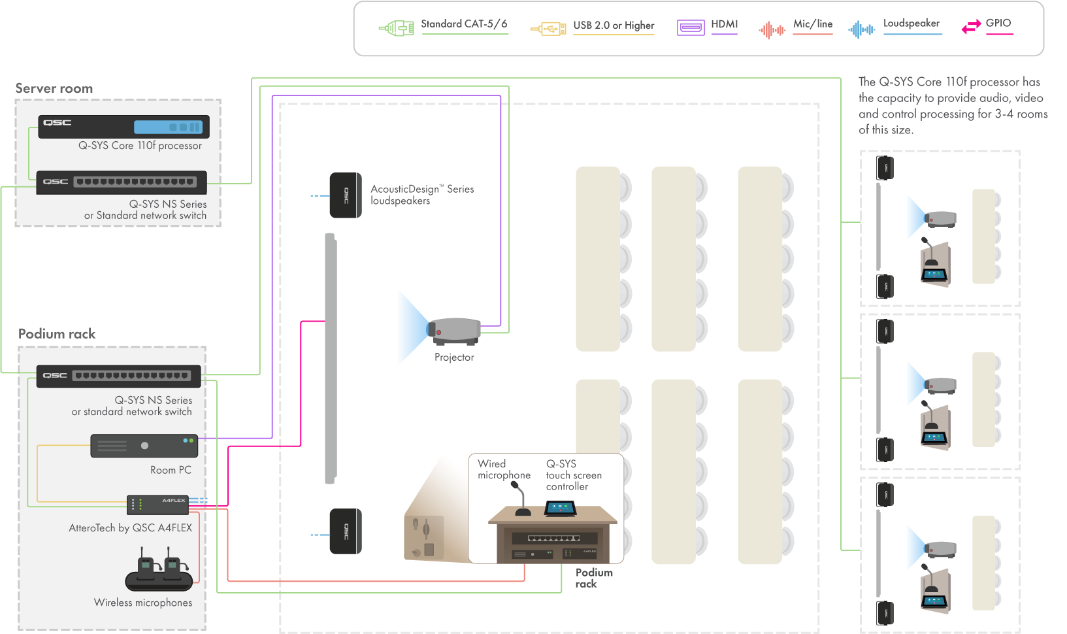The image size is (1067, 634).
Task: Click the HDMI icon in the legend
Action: (x=691, y=27)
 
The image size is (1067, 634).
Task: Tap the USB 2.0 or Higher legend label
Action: (x=614, y=25)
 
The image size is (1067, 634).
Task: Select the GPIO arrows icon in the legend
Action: (x=971, y=27)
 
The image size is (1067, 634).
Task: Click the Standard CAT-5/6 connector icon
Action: (x=397, y=28)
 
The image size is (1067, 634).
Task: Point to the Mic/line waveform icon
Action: (x=772, y=29)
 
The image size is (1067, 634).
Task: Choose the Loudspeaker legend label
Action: (x=911, y=24)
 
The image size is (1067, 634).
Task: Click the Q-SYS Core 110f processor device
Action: (x=123, y=126)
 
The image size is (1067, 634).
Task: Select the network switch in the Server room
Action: (x=122, y=182)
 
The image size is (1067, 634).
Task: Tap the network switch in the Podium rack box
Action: (x=118, y=376)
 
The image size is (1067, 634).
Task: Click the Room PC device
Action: (x=144, y=446)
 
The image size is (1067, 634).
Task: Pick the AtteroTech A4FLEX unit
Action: (x=157, y=504)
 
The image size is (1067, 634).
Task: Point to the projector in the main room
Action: (x=455, y=331)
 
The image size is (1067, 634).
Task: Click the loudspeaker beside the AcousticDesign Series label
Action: (x=346, y=195)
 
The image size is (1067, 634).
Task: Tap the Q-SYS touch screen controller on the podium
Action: (x=561, y=508)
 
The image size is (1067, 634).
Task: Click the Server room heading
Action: (x=54, y=88)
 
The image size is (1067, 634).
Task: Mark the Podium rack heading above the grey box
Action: (x=57, y=334)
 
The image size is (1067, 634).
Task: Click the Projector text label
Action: (x=454, y=358)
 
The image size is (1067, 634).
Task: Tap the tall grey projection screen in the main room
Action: (x=331, y=358)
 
